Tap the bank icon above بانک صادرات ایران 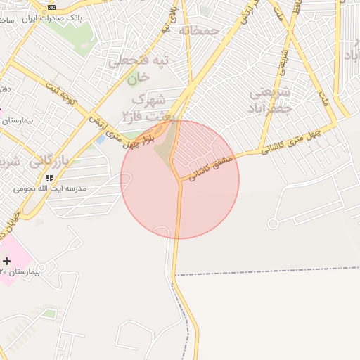[x=51, y=7]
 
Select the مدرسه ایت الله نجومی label [x=50, y=189]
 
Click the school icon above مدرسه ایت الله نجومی [x=49, y=178]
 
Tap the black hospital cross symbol [x=7, y=261]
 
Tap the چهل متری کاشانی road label [x=291, y=141]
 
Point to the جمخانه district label [x=199, y=31]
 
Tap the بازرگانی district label [x=49, y=161]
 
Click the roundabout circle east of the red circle [x=273, y=223]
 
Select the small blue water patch [x=101, y=139]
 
